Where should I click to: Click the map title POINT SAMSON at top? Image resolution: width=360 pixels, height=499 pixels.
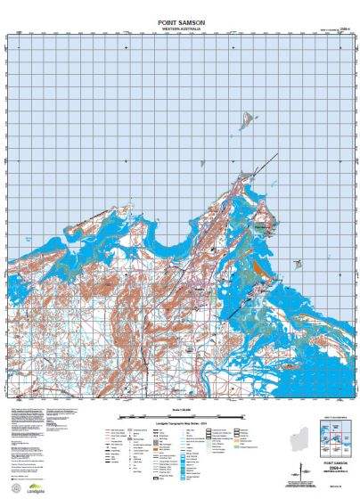[x=181, y=20]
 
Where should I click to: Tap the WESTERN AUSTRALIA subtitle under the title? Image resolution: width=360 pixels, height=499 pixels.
[x=181, y=28]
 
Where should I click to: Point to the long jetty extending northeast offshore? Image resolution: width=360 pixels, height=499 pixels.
[x=263, y=164]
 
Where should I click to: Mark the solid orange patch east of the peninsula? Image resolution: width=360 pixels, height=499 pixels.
[x=260, y=265]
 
